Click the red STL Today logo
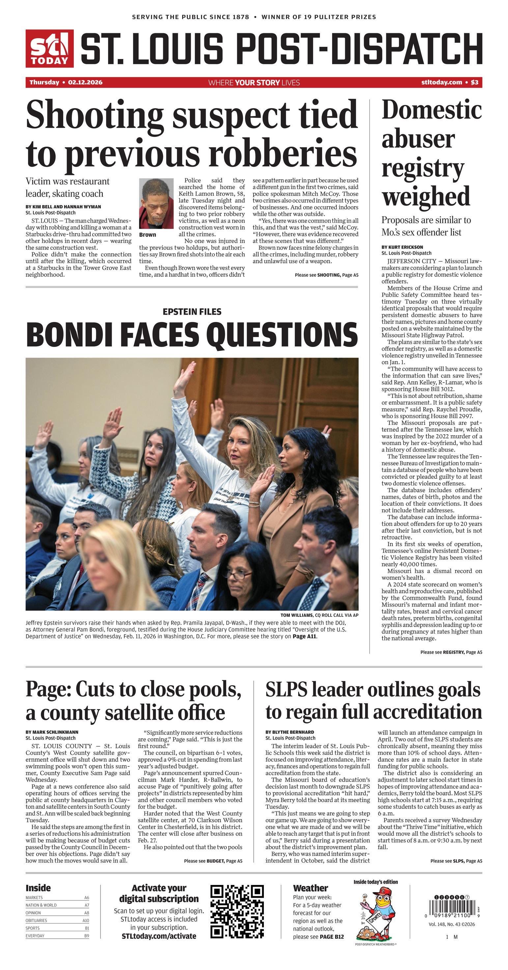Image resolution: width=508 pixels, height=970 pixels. [49, 48]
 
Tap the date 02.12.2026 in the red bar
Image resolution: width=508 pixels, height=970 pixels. [85, 82]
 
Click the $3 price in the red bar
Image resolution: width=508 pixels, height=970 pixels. [474, 82]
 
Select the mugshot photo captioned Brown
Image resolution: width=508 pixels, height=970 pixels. [156, 203]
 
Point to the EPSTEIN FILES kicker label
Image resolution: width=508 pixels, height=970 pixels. [192, 311]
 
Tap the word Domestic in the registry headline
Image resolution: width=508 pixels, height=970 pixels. [432, 110]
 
